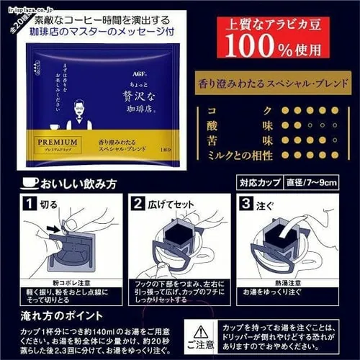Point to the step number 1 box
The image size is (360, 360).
tap(26, 204)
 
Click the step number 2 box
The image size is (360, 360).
tap(138, 204)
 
